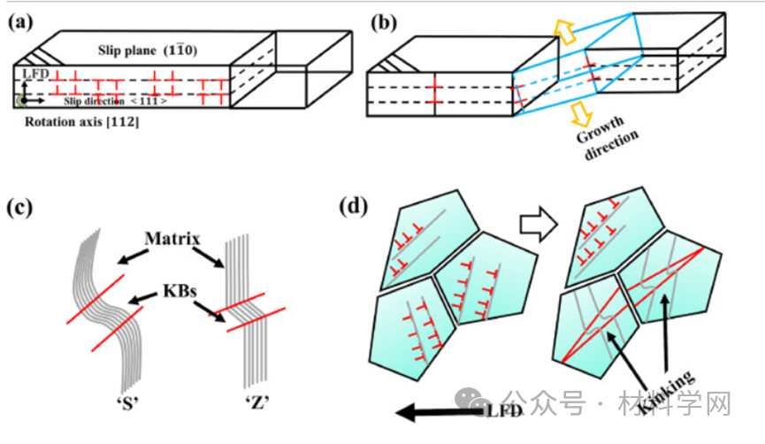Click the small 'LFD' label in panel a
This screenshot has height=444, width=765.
pos(30,76)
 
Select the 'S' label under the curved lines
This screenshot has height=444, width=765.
pos(118,402)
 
